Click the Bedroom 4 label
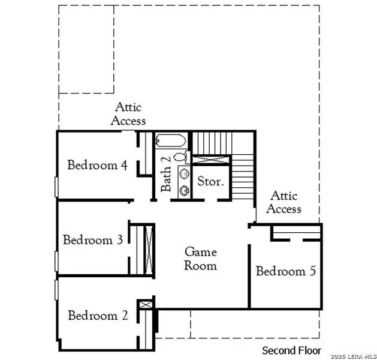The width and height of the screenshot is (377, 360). (97, 165)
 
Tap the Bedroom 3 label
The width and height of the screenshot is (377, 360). (93, 240)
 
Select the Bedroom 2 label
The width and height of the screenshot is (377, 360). (98, 316)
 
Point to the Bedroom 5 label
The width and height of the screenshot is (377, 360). (285, 271)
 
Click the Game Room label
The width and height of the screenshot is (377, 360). (200, 259)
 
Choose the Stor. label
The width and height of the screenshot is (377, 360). (210, 181)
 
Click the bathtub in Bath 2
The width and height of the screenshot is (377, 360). (171, 142)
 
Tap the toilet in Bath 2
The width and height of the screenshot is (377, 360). (183, 158)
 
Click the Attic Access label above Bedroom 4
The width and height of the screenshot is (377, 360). (128, 114)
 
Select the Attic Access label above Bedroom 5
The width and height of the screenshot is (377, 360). (283, 202)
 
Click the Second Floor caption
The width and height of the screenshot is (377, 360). (292, 350)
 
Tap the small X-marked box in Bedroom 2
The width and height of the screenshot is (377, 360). (144, 305)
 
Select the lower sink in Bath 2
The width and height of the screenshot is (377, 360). (184, 190)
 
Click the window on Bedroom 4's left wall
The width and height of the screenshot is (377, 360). (56, 186)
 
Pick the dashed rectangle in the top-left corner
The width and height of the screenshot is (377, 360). (86, 49)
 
